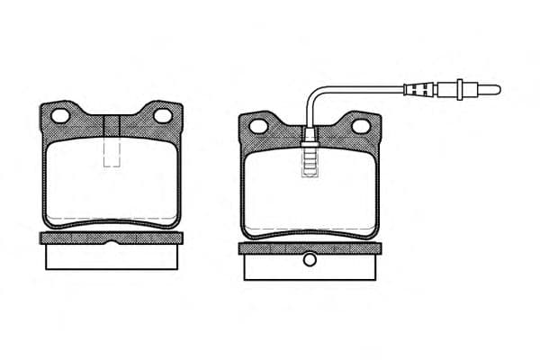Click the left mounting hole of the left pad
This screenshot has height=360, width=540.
(x=61, y=116)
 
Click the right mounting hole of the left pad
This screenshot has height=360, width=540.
(x=162, y=115)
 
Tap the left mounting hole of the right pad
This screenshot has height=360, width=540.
(x=259, y=126)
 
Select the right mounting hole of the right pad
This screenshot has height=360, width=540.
(x=360, y=126)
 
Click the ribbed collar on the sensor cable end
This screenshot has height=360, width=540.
(x=419, y=88)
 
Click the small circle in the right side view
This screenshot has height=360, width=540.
(x=309, y=260)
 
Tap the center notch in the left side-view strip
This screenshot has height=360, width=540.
(x=112, y=242)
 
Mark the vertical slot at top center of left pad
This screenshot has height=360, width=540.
(x=112, y=126)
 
